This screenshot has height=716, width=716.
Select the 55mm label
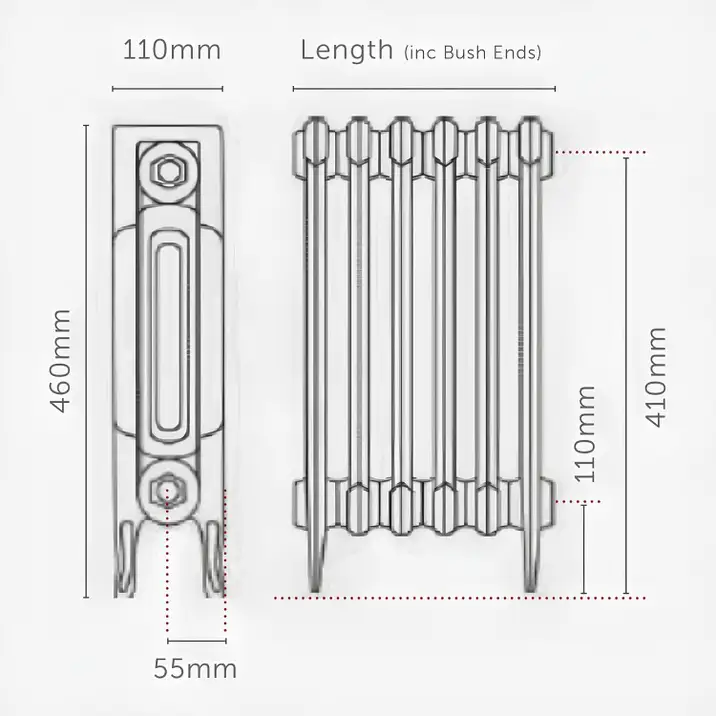pyautogui.click(x=195, y=667)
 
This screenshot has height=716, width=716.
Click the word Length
pyautogui.click(x=346, y=50)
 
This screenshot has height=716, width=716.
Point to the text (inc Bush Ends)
pyautogui.click(x=472, y=53)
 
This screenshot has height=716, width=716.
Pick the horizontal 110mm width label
pyautogui.click(x=172, y=50)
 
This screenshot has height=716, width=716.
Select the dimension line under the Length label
pyautogui.click(x=420, y=89)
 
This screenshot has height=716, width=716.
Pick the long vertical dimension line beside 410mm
pyautogui.click(x=626, y=375)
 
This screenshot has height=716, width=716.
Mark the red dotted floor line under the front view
pyautogui.click(x=450, y=598)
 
